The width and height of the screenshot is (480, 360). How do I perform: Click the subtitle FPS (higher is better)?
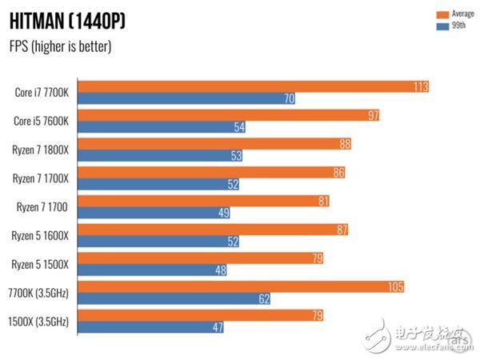point(61,46)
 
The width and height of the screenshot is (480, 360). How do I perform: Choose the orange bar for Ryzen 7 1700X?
point(213,172)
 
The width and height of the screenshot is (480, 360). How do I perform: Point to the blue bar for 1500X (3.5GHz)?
point(152,326)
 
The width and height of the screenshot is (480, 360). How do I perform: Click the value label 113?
point(421,86)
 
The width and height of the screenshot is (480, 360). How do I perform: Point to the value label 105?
point(395,286)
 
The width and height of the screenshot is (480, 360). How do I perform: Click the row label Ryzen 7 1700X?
point(41,178)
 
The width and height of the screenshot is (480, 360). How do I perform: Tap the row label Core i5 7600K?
point(42,121)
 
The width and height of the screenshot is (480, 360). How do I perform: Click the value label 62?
point(263,298)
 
